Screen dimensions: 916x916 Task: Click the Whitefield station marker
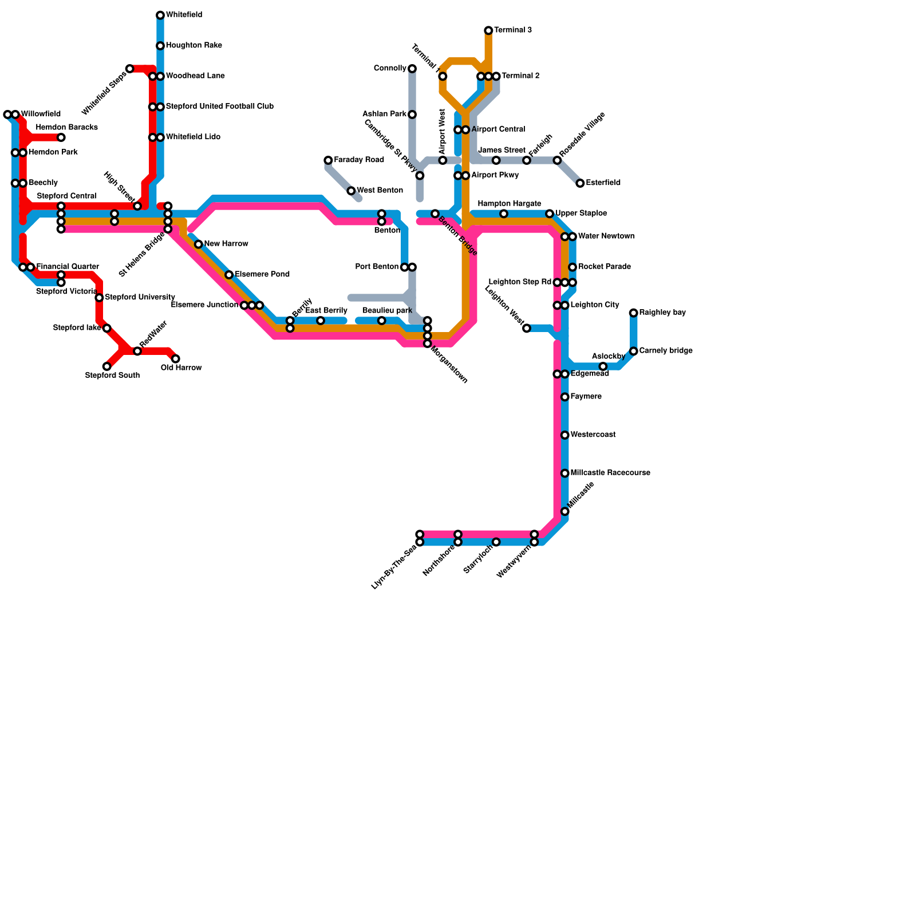(x=160, y=15)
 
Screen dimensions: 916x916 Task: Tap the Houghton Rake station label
(x=194, y=46)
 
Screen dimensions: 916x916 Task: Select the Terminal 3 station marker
(x=488, y=30)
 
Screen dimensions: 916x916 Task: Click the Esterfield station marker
(x=580, y=183)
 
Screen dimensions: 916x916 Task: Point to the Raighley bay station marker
(x=633, y=313)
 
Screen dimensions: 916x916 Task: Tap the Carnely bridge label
(x=666, y=351)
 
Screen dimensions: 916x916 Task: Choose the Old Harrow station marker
(x=176, y=359)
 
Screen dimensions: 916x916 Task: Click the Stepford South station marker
(x=107, y=366)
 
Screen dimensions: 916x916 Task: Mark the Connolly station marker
(x=412, y=69)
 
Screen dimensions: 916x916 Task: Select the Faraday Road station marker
(x=328, y=160)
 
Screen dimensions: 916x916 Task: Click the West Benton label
(x=380, y=191)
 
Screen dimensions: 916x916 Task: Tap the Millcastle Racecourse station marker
(x=565, y=473)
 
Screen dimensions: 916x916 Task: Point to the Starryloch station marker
(x=496, y=542)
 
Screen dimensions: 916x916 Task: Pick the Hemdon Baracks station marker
(x=61, y=137)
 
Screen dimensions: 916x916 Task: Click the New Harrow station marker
(x=199, y=244)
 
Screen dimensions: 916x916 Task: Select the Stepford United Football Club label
(x=219, y=106)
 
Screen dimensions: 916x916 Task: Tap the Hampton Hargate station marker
(x=504, y=214)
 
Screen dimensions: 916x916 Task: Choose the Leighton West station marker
(x=527, y=328)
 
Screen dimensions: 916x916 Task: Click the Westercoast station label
(x=593, y=435)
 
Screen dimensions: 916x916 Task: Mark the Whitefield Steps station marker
(x=130, y=69)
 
